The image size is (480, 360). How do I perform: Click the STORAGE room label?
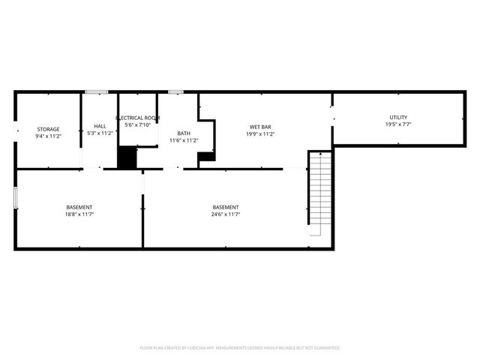pos(48,129)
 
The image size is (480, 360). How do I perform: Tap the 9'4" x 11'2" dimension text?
pos(48,136)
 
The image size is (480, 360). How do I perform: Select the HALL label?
pos(100,126)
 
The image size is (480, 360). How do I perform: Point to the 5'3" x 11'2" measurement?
pos(100,133)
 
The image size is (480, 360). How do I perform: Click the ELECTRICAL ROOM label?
pos(137,118)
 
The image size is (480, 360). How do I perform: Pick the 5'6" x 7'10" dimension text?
pos(138,125)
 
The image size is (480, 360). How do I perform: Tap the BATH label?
pos(184,133)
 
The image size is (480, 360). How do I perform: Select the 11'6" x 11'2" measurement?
pos(184,140)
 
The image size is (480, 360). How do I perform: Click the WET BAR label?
pos(260,127)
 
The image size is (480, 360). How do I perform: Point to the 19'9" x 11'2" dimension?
pos(260,134)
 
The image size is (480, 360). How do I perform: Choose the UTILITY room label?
pos(397,117)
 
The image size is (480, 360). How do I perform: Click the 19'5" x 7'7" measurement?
pos(397,124)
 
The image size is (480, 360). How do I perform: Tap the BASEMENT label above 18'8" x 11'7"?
pos(79,207)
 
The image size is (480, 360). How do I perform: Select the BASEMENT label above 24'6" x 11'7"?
pos(226,207)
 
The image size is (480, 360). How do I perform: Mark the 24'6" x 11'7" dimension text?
pos(226,214)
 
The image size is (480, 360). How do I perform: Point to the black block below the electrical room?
pos(127,157)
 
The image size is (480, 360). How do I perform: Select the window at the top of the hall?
pos(96,92)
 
